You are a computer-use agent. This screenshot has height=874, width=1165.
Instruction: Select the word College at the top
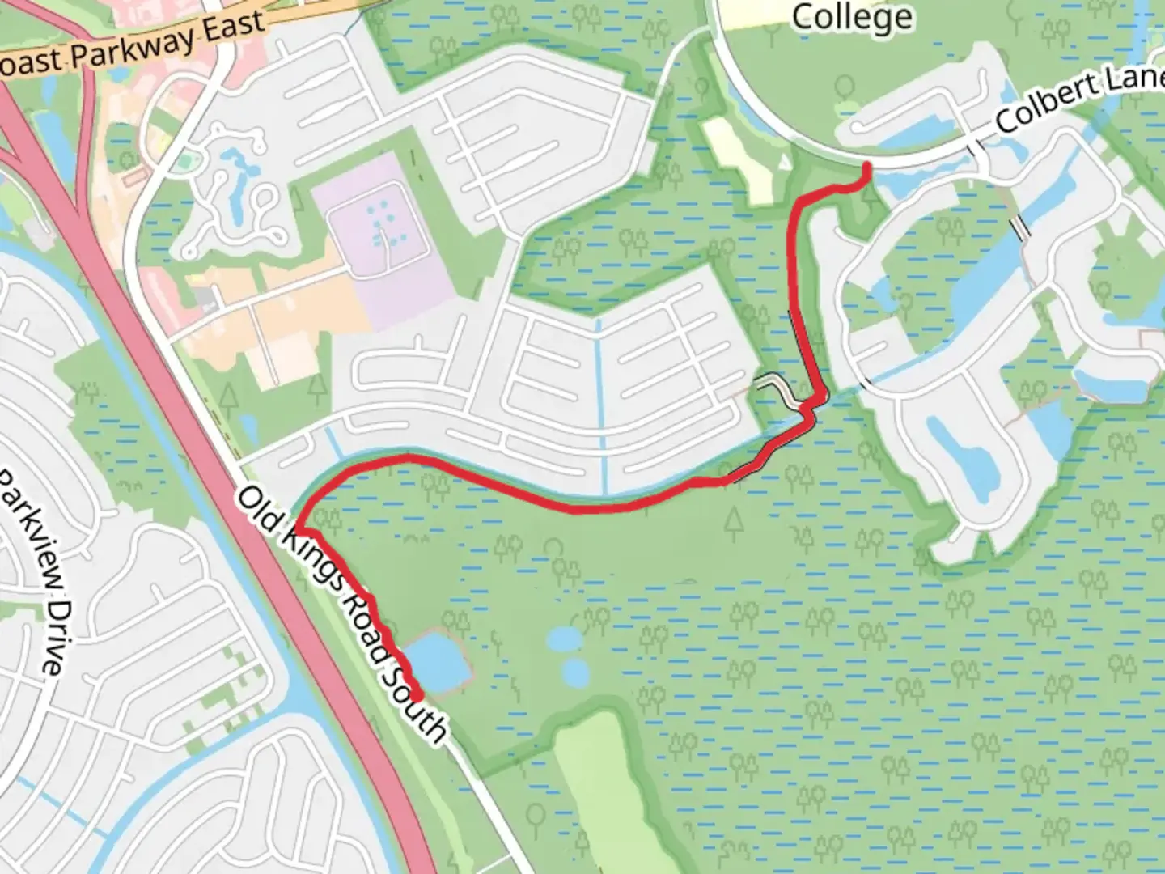click(851, 16)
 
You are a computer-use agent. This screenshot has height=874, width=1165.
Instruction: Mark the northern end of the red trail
click(867, 167)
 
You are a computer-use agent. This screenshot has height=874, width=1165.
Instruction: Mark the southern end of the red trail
click(417, 696)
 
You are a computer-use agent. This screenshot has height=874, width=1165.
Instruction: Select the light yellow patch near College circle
click(740, 158)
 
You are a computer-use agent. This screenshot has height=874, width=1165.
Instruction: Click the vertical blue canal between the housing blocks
click(599, 405)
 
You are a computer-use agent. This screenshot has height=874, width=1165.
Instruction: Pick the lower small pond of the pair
click(575, 672)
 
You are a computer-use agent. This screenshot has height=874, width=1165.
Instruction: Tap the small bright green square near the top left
click(187, 163)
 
